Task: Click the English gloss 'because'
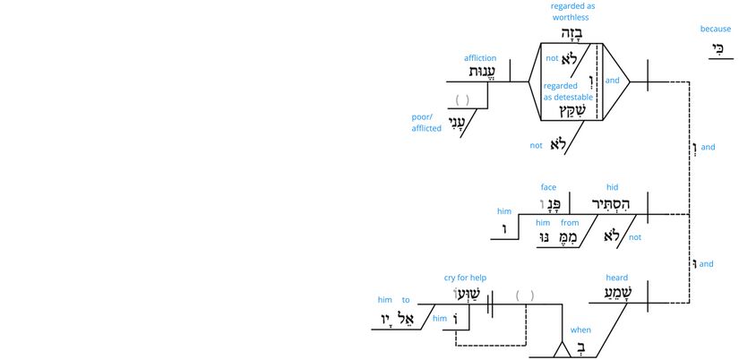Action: [x=715, y=29]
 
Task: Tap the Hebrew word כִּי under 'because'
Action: [x=716, y=50]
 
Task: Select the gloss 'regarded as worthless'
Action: [x=572, y=12]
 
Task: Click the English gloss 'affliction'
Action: [x=480, y=58]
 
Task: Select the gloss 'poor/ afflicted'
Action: [x=426, y=123]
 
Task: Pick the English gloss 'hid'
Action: [x=613, y=187]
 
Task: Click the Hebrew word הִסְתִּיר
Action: [x=613, y=205]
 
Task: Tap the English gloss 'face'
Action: [x=549, y=187]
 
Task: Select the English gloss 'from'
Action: [x=570, y=222]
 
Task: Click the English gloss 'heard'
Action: [x=616, y=278]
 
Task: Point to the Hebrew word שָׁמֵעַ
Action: [x=617, y=296]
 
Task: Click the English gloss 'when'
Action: [x=580, y=330]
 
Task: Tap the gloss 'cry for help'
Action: [x=463, y=278]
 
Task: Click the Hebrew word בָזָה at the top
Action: [x=571, y=33]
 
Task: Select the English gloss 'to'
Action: [x=406, y=300]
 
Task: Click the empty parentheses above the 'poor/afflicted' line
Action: [x=462, y=99]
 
